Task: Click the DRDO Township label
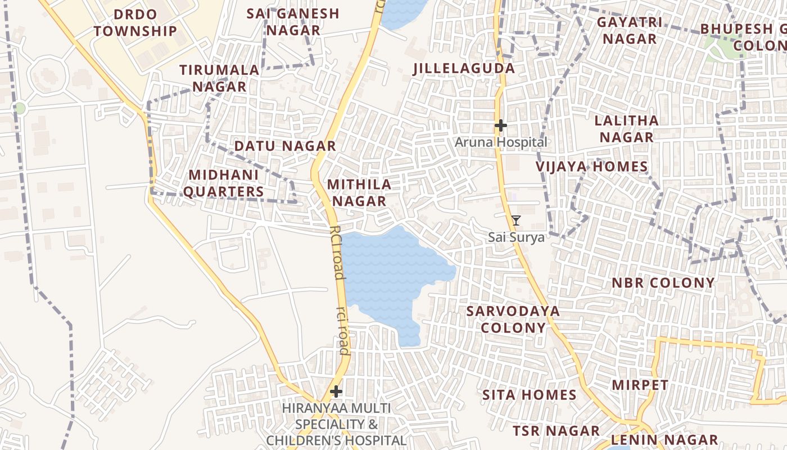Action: [135, 23]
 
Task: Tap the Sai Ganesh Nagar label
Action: [293, 22]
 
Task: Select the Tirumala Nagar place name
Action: [219, 78]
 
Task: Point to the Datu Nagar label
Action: [285, 146]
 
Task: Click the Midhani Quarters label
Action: [223, 183]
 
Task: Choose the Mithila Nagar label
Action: [359, 192]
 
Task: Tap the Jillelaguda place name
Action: [464, 69]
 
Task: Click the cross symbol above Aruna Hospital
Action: [500, 125]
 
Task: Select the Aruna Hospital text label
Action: [500, 142]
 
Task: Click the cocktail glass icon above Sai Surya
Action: [516, 220]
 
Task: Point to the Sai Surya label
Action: [516, 237]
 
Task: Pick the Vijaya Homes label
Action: [591, 166]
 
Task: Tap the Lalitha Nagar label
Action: [626, 129]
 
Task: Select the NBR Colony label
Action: [663, 282]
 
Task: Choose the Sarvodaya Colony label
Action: [513, 319]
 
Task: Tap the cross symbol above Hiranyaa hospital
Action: [336, 391]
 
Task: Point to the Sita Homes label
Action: [530, 395]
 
